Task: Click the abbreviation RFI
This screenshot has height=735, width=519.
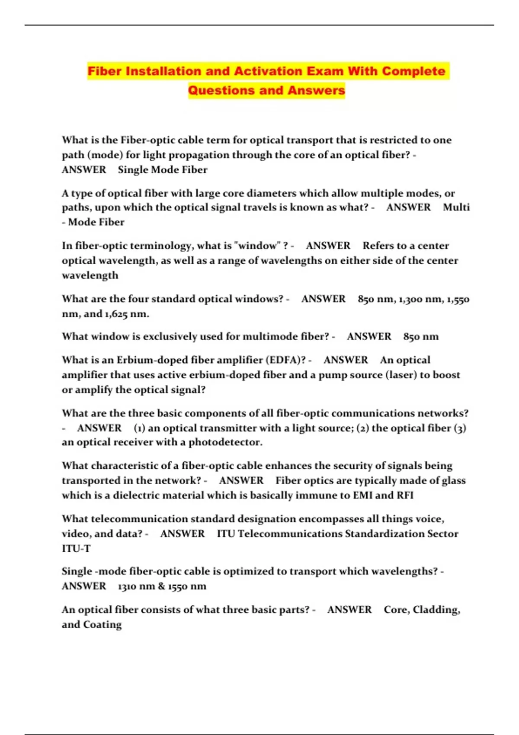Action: click(405, 495)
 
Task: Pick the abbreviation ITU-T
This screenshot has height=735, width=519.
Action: click(76, 548)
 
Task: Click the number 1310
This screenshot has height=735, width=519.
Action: click(128, 586)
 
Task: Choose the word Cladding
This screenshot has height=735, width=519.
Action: click(436, 610)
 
